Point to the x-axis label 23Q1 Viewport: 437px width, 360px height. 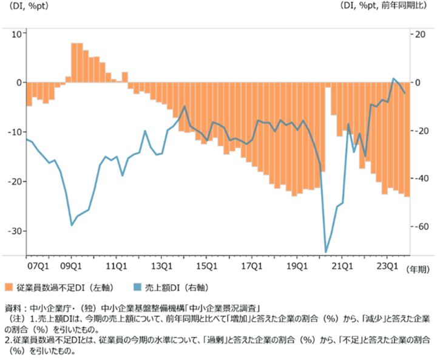tap(387, 265)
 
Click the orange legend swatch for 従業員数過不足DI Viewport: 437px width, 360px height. tap(8, 286)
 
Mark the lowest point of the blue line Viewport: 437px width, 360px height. tap(326, 251)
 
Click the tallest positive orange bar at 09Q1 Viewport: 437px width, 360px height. tap(73, 61)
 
